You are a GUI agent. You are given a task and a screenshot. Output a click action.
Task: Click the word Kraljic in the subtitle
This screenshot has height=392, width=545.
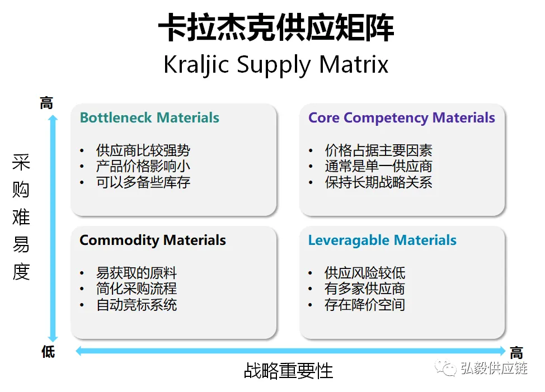tap(196, 65)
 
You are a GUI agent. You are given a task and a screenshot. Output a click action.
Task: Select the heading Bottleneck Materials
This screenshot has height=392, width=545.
tap(149, 117)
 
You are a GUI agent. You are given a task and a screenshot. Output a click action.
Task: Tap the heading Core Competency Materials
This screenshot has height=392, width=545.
tap(401, 118)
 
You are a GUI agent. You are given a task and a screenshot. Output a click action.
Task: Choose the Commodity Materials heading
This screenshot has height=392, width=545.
tap(153, 240)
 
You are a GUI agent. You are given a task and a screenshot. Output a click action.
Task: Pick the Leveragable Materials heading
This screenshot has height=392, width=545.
tap(382, 240)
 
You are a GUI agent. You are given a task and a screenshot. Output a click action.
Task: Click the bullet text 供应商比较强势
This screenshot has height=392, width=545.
tap(143, 150)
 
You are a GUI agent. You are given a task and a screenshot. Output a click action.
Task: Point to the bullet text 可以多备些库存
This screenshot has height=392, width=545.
tap(143, 182)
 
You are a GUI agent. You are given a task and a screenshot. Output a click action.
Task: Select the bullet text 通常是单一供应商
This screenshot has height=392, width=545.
tap(378, 166)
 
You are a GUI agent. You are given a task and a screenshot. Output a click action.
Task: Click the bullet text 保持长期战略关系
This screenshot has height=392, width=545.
tap(378, 182)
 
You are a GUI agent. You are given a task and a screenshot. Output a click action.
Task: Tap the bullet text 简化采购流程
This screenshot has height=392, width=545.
tap(137, 289)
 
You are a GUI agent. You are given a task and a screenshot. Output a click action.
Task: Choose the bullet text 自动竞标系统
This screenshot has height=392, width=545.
tap(137, 305)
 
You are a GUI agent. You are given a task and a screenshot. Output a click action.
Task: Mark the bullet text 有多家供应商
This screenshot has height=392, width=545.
tap(365, 289)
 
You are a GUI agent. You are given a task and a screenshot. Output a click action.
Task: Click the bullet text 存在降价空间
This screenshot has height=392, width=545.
tap(365, 305)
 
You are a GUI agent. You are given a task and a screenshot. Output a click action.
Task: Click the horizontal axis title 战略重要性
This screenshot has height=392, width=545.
tap(288, 371)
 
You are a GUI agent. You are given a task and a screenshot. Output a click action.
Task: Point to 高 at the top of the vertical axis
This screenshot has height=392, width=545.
tap(46, 103)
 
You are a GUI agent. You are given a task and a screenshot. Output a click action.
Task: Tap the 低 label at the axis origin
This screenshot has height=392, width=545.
tap(48, 351)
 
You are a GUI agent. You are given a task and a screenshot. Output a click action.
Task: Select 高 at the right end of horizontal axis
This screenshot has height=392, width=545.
tap(516, 353)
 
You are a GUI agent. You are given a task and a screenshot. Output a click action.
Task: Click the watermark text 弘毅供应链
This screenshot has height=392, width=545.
tap(494, 368)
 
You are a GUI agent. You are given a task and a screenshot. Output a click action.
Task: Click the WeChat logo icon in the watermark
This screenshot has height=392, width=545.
tap(446, 368)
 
